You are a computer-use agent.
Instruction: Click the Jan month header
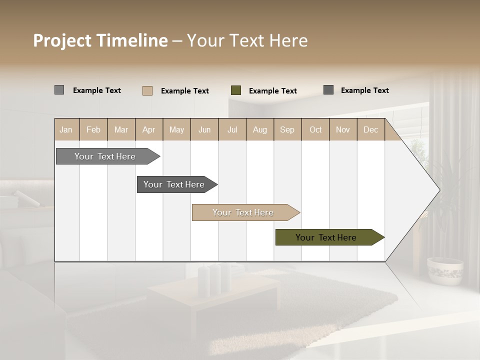66,129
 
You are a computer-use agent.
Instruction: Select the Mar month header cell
121,129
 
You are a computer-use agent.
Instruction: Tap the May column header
176,129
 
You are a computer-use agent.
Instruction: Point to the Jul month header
232,129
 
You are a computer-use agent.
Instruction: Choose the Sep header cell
287,129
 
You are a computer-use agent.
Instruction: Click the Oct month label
315,129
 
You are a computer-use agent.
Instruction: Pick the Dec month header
370,129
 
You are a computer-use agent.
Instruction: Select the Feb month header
93,129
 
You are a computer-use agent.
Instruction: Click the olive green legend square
236,90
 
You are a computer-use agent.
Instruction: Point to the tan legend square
147,90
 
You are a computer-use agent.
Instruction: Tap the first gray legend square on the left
59,90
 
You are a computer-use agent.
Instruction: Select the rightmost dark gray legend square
328,90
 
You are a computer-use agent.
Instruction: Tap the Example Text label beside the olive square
272,91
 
